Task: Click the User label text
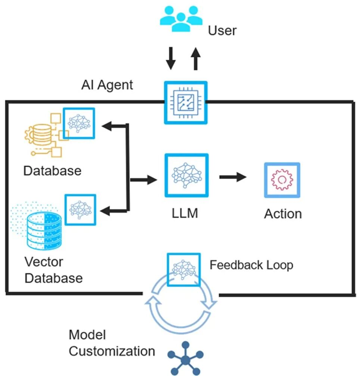point(222,30)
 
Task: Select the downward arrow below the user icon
point(171,58)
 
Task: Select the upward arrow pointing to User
point(195,58)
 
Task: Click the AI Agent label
point(107,85)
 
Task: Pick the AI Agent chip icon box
point(186,102)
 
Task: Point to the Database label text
point(52,171)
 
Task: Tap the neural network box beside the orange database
point(79,123)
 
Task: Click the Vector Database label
point(53,270)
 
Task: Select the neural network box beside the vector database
point(80,209)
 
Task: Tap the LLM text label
point(185,214)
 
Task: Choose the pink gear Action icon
point(282,180)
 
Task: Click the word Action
point(283,214)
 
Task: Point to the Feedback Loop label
point(251,265)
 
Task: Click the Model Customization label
point(112,343)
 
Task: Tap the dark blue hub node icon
point(186,359)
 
